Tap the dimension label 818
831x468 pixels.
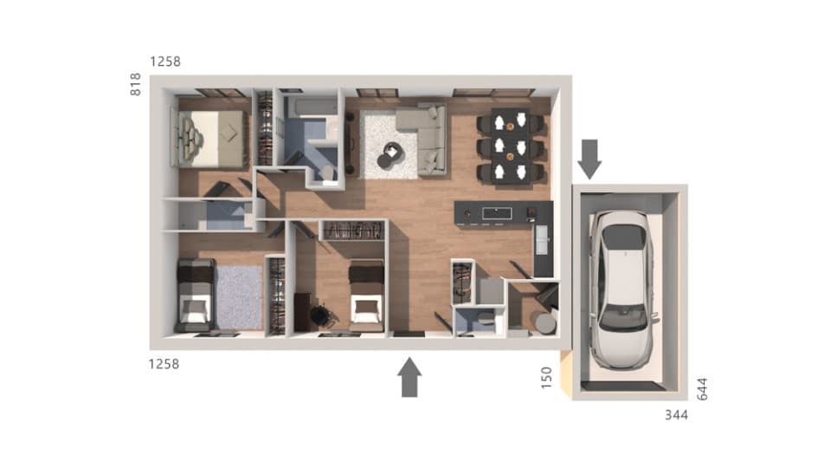coord(136,83)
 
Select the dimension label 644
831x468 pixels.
coord(702,388)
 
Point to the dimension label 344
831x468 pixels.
coord(676,415)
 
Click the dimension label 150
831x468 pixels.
coord(546,378)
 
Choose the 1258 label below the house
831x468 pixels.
coord(164,364)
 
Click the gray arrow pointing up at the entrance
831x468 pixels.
coord(410,378)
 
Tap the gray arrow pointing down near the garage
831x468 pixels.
coord(590,158)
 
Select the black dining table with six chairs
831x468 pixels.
coord(511,146)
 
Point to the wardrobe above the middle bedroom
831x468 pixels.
coord(352,231)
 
